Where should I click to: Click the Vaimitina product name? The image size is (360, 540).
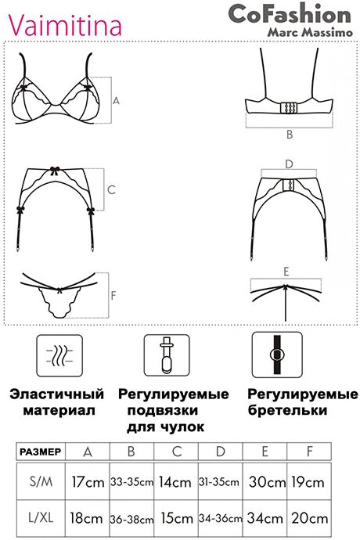pyautogui.click(x=65, y=25)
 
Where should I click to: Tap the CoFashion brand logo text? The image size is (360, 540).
pyautogui.click(x=290, y=14)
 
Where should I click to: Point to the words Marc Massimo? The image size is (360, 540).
pyautogui.click(x=310, y=32)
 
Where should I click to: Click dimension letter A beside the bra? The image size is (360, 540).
pyautogui.click(x=116, y=100)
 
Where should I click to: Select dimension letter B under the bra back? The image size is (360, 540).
pyautogui.click(x=290, y=135)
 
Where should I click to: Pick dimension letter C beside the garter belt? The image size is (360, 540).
pyautogui.click(x=111, y=189)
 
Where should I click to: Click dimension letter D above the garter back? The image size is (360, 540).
pyautogui.click(x=289, y=164)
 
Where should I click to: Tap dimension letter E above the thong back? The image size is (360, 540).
pyautogui.click(x=286, y=272)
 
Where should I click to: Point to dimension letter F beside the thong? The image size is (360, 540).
pyautogui.click(x=113, y=296)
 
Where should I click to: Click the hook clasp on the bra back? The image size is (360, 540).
pyautogui.click(x=289, y=108)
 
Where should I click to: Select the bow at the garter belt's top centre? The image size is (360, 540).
pyautogui.click(x=55, y=170)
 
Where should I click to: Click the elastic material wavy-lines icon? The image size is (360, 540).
pyautogui.click(x=59, y=355)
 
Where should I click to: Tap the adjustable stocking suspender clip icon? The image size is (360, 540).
pyautogui.click(x=167, y=355)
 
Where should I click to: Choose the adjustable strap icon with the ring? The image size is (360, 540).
pyautogui.click(x=277, y=355)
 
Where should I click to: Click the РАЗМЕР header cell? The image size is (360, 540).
pyautogui.click(x=41, y=452)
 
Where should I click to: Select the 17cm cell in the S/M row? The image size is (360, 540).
pyautogui.click(x=88, y=481)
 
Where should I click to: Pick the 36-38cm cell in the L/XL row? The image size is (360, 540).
pyautogui.click(x=131, y=519)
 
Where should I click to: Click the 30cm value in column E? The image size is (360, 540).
pyautogui.click(x=267, y=481)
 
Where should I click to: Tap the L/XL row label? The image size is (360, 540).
pyautogui.click(x=41, y=517)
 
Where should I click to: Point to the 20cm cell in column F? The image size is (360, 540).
pyautogui.click(x=309, y=519)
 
